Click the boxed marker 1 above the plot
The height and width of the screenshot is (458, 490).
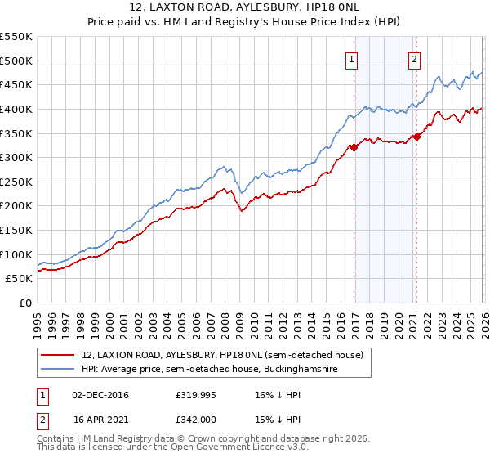coord(351,58)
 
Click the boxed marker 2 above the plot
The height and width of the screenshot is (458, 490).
coord(415,58)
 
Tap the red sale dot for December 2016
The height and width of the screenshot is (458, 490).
coord(354,148)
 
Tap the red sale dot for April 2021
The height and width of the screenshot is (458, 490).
coord(416,137)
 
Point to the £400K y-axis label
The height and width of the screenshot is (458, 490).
coord(16,109)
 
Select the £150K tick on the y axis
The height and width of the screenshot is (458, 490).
coord(16,230)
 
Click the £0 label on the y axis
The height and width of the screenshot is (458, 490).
coord(24,303)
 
